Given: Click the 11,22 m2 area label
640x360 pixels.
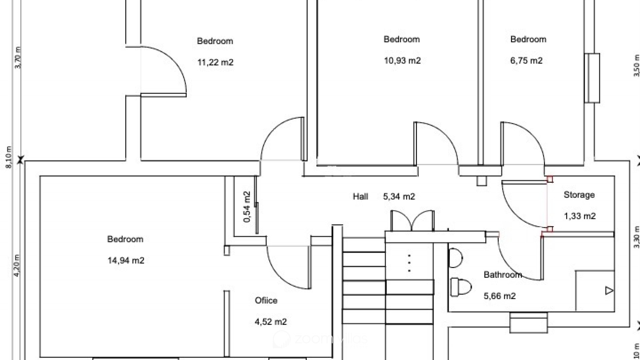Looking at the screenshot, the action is [215, 62].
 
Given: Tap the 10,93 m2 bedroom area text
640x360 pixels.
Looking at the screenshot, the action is [402, 61].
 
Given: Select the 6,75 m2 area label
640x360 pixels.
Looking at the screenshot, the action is [526, 61].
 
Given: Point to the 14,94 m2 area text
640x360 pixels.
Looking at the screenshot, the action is [126, 260].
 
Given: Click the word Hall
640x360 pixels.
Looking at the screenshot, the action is [360, 196].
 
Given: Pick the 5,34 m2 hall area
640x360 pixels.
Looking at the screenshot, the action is [399, 197].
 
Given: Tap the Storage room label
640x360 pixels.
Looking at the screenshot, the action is [579, 195].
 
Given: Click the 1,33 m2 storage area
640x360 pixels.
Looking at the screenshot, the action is [580, 216].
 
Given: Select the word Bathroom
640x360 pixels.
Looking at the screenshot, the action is [503, 275].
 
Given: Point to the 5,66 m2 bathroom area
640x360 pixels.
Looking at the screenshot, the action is [500, 296].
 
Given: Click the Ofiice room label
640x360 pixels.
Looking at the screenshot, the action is [266, 300].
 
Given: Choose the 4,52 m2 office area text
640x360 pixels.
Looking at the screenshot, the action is [271, 322].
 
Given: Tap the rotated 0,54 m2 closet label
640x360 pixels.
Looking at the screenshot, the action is [247, 207].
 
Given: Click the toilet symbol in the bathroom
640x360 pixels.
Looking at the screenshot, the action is [461, 287].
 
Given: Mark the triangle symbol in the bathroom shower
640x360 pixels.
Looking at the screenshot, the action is [609, 291].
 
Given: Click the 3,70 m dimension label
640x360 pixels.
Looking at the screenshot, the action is [18, 58].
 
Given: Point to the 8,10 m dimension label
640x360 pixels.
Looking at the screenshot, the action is [9, 157].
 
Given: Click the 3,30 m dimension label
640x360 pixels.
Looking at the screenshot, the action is [637, 237].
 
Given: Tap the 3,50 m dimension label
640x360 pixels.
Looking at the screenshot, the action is [637, 65].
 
